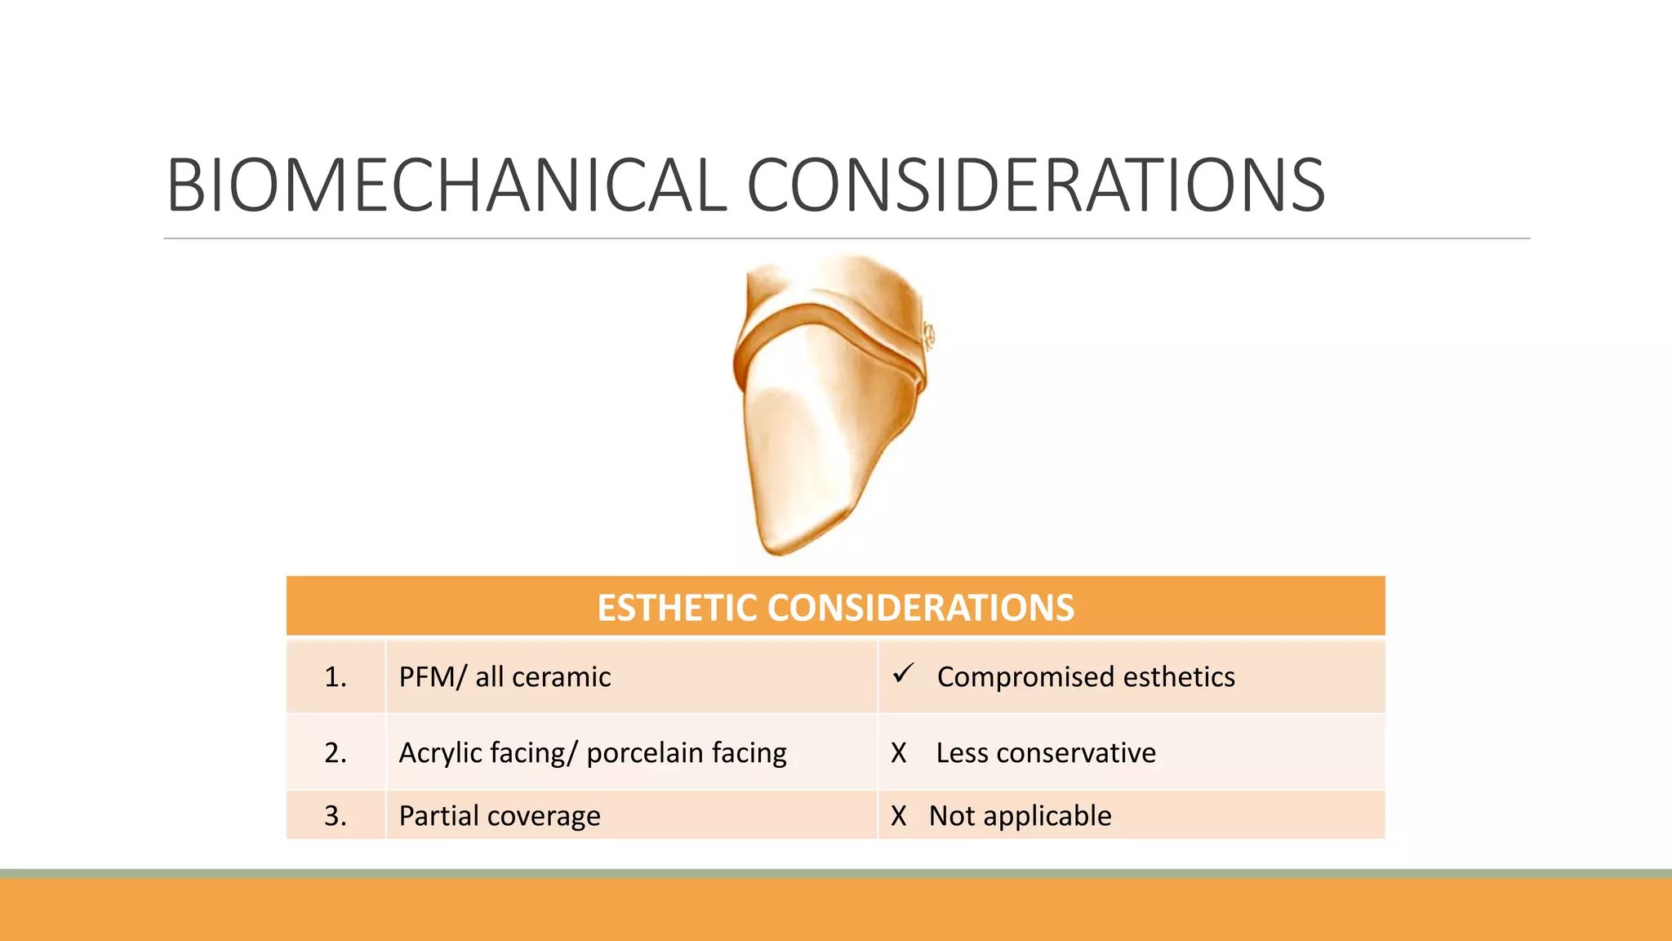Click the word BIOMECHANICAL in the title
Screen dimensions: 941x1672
pos(445,186)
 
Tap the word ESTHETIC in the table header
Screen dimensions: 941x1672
pos(678,608)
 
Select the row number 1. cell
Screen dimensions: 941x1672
pos(336,677)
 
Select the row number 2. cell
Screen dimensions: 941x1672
pos(336,752)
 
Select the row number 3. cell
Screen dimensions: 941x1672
pos(336,815)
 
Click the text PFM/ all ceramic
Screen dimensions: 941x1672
pos(505,677)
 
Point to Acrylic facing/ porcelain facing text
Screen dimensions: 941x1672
pos(593,752)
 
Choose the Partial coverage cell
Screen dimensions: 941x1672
pos(500,815)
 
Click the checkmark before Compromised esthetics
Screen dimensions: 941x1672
pos(903,674)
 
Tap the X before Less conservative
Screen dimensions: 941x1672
pos(899,752)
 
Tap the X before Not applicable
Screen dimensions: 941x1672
pos(899,815)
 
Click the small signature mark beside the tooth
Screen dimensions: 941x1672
pos(928,336)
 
